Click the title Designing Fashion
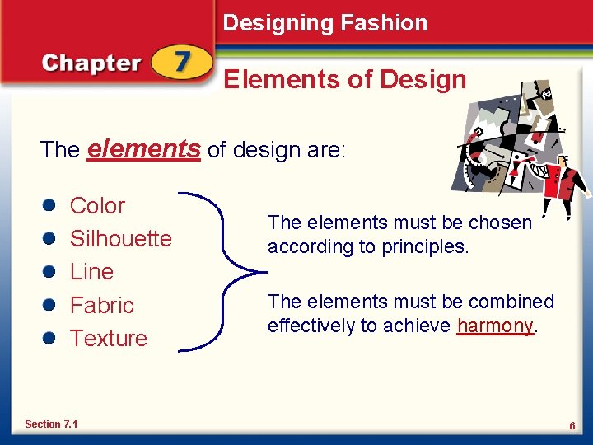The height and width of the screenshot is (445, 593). pyautogui.click(x=325, y=23)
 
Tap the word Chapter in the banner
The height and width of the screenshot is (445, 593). pyautogui.click(x=91, y=63)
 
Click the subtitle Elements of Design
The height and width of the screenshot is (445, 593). pyautogui.click(x=345, y=80)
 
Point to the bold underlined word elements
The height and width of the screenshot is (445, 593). pyautogui.click(x=143, y=148)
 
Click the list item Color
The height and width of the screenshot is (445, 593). pyautogui.click(x=97, y=205)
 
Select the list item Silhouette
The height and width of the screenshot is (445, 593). pyautogui.click(x=120, y=239)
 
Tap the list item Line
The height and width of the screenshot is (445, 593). pyautogui.click(x=91, y=272)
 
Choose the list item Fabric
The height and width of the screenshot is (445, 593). pyautogui.click(x=101, y=305)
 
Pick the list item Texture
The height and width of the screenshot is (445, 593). pyautogui.click(x=108, y=338)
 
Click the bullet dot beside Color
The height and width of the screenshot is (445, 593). pyautogui.click(x=50, y=206)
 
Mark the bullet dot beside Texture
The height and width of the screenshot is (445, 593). pyautogui.click(x=50, y=339)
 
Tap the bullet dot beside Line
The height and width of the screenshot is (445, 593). pyautogui.click(x=50, y=272)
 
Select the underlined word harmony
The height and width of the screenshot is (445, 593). pyautogui.click(x=495, y=326)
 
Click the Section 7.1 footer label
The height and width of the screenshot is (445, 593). pyautogui.click(x=51, y=424)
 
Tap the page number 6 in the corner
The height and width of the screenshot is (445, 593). pyautogui.click(x=571, y=424)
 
